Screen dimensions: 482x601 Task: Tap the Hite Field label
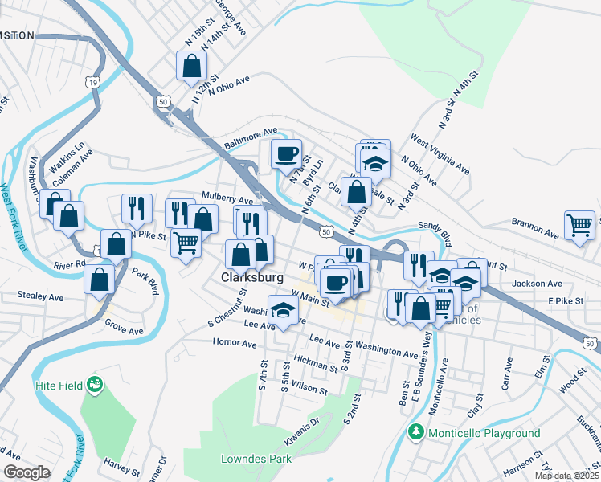(x=59, y=386)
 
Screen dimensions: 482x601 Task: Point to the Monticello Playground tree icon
(x=416, y=433)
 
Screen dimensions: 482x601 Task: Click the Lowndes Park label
(x=255, y=460)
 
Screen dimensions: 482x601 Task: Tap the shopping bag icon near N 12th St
(x=192, y=67)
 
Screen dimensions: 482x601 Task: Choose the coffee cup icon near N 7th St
(x=286, y=154)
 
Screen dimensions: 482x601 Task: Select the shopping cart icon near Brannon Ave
(x=579, y=225)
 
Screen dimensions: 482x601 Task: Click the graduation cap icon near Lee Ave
(x=282, y=311)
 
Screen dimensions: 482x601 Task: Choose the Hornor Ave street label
(x=235, y=343)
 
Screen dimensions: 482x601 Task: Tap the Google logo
(x=27, y=472)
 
